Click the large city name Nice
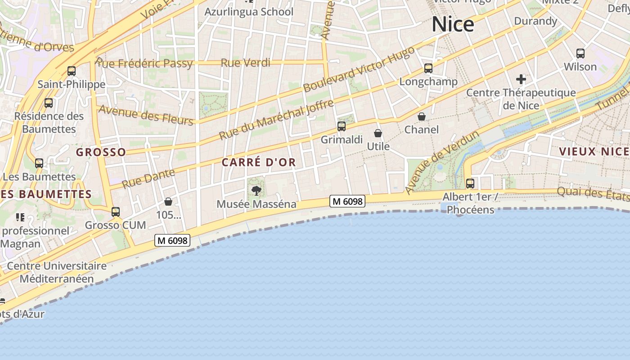[453, 24]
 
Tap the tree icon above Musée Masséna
[256, 190]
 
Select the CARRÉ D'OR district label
[259, 162]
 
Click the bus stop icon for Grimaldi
[342, 126]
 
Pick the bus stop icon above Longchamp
[428, 68]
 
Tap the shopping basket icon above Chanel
[422, 117]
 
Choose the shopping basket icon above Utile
[378, 133]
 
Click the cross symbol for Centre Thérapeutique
[521, 80]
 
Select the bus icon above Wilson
[580, 54]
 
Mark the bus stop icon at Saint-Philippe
[72, 71]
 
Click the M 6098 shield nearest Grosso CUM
[172, 240]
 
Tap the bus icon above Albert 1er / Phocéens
[470, 184]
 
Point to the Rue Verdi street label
[245, 63]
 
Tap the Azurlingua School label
[249, 12]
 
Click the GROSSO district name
[101, 152]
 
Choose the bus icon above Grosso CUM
[116, 211]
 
